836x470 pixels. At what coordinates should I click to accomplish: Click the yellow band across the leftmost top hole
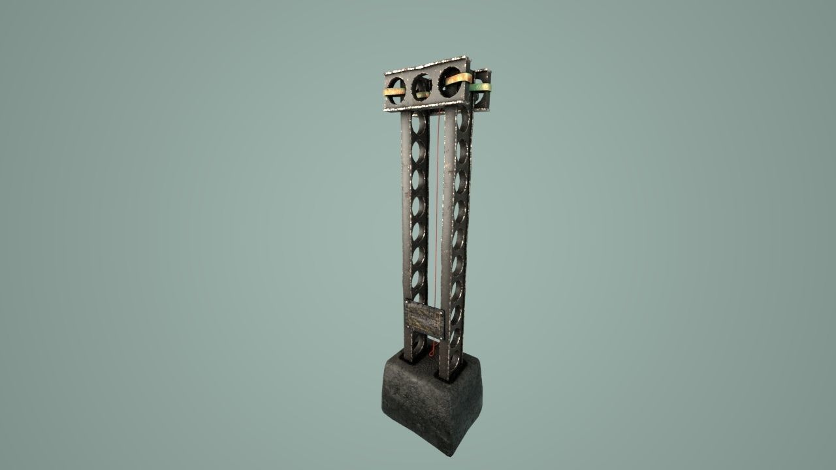coord(394,92)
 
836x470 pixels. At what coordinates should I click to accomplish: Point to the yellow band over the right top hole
coord(460,78)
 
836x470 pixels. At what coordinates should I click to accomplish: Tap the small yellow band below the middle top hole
coord(423,95)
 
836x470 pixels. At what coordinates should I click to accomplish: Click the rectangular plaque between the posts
coord(425,319)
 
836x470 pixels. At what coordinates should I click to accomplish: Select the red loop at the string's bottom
coord(431,351)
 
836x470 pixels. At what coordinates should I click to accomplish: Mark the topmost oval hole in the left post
coord(418,123)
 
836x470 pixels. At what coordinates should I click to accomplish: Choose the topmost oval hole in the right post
coord(462,121)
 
